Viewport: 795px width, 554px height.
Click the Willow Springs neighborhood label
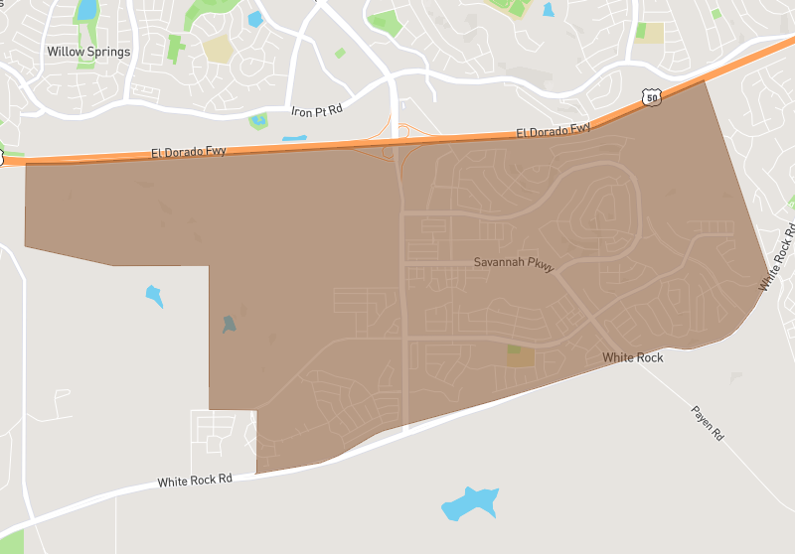point(88,51)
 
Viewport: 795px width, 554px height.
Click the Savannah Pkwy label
point(513,263)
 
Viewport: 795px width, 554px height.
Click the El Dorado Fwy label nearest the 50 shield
point(554,130)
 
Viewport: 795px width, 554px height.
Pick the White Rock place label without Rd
point(633,357)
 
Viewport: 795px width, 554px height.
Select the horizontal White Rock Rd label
point(195,481)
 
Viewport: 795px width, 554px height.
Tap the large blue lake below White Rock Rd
point(469,504)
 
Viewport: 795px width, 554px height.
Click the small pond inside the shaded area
point(230,325)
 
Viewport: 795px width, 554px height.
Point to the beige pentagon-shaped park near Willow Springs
point(218,50)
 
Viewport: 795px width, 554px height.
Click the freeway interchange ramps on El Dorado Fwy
point(397,145)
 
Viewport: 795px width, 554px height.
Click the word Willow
point(66,51)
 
